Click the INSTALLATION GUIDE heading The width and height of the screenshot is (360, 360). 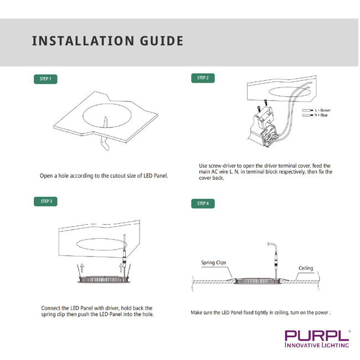pyautogui.click(x=107, y=41)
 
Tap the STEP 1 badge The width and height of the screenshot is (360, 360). pyautogui.click(x=45, y=79)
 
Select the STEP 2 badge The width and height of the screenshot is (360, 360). pyautogui.click(x=203, y=78)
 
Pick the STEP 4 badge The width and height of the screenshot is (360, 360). pyautogui.click(x=203, y=203)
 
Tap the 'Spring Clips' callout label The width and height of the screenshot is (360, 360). pyautogui.click(x=213, y=263)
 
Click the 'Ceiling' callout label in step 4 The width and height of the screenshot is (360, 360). pyautogui.click(x=306, y=268)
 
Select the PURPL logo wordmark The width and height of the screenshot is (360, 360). pyautogui.click(x=316, y=336)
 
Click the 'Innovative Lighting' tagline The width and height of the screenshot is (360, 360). pyautogui.click(x=316, y=345)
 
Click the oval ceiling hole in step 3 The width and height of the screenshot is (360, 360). pyautogui.click(x=101, y=244)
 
